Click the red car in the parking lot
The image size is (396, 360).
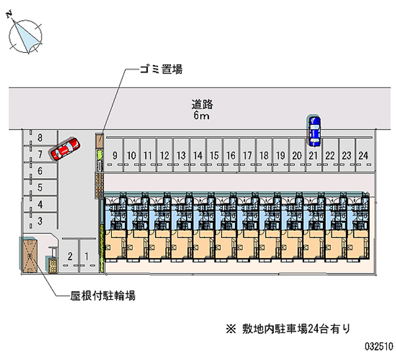tap(65, 149)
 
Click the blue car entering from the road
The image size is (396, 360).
tap(314, 131)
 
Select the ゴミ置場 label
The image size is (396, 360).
tap(161, 69)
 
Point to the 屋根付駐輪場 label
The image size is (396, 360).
tap(102, 295)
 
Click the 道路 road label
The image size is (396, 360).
tap(202, 104)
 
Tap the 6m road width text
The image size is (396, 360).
tap(201, 115)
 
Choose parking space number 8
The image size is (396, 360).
tap(40, 138)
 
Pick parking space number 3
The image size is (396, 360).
tap(40, 221)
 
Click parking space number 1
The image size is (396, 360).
tap(87, 257)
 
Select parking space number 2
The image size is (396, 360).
tap(70, 257)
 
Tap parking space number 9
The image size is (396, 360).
tap(115, 155)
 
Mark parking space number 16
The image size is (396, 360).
tap(231, 155)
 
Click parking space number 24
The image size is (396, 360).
tap(363, 155)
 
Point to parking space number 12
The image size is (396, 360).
tap(164, 155)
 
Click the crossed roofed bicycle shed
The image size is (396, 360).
tap(30, 256)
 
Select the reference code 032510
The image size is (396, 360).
tap(379, 346)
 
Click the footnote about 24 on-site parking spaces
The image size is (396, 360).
tap(288, 329)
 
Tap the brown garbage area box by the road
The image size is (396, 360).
tap(99, 141)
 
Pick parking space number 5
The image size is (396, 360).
tap(40, 188)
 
